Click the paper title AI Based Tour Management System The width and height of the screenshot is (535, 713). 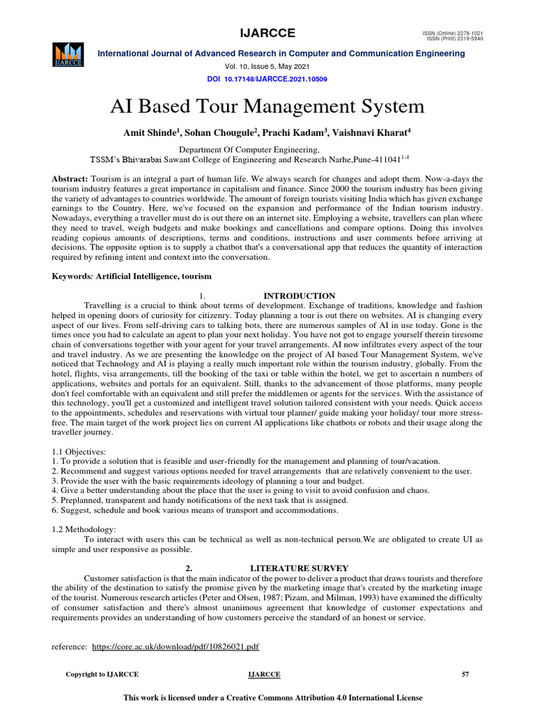point(267,107)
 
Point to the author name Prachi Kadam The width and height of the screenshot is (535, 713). point(279,132)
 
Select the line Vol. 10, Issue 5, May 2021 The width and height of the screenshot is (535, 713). point(267,67)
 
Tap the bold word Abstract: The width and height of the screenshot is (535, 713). point(70,180)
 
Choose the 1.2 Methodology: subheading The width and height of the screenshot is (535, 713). point(84,529)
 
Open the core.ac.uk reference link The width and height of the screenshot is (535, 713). point(176,647)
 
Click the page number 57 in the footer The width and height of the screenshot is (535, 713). point(466,675)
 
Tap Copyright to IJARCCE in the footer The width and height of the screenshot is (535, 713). point(102,675)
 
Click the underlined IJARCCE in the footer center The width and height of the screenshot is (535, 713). point(264,675)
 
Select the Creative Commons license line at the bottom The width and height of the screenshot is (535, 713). point(272,697)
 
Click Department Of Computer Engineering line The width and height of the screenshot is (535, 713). point(250,150)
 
